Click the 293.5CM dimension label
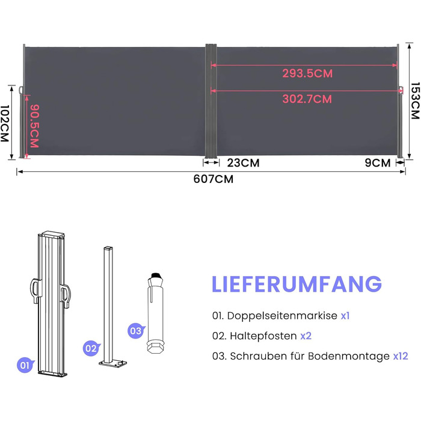(x=307, y=73)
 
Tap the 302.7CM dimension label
(x=307, y=99)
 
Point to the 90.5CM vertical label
(x=35, y=126)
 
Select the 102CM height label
(x=5, y=123)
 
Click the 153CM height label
(x=416, y=100)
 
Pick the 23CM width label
(x=243, y=163)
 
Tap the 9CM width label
(x=378, y=163)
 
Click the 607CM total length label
(x=214, y=179)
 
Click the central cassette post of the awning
(x=211, y=101)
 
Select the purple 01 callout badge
(x=25, y=365)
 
